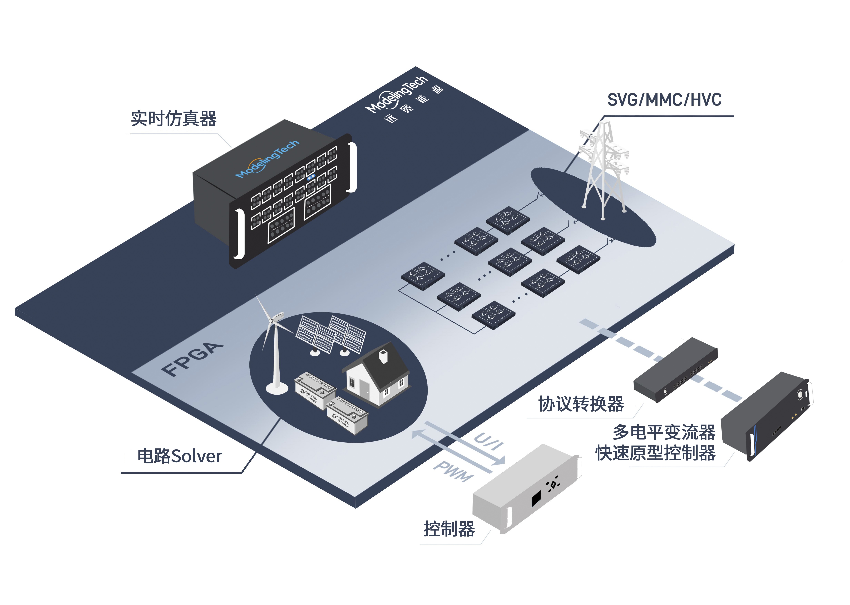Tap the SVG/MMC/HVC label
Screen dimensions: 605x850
664,100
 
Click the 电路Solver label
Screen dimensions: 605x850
180,456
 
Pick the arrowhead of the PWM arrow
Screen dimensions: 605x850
417,434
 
